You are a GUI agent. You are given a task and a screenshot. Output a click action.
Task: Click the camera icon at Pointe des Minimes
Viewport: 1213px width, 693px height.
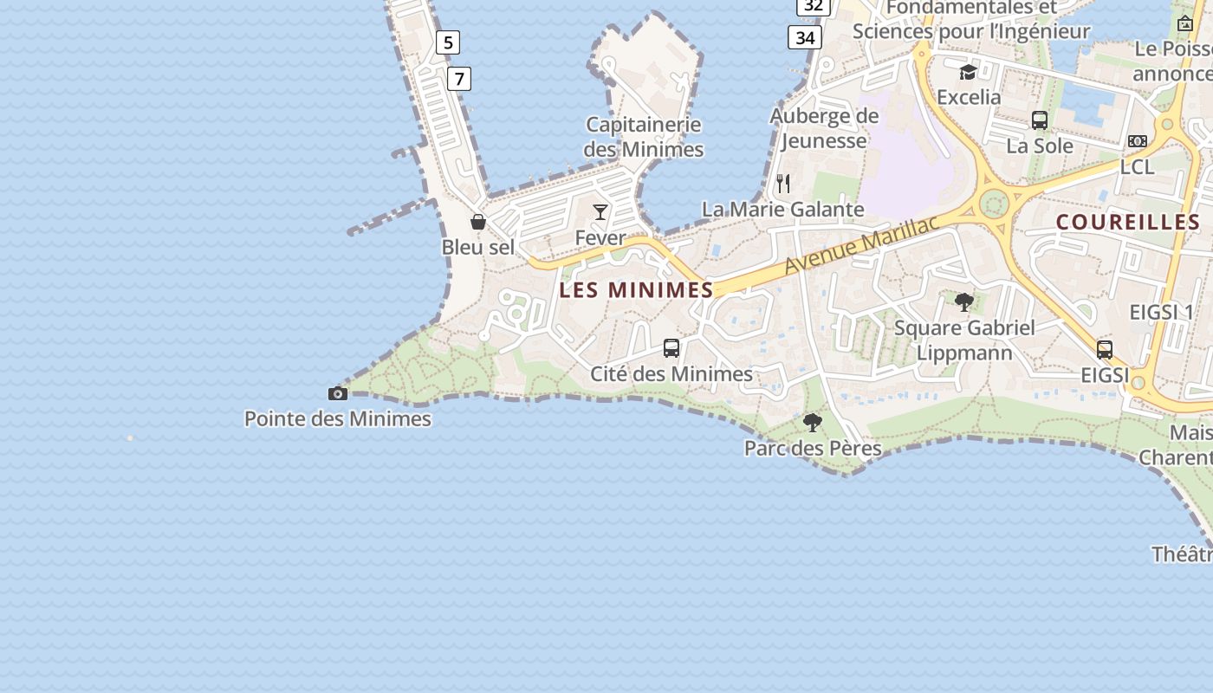[x=338, y=394]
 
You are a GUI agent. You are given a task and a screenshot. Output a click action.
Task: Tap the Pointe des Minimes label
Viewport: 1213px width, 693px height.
[x=338, y=419]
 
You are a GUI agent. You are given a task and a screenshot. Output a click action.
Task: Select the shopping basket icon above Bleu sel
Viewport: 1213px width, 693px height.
[x=478, y=222]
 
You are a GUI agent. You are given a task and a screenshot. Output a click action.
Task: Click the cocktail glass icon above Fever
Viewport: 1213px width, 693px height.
[x=600, y=212]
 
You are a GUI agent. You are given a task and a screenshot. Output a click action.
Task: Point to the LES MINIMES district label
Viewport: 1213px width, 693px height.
[x=636, y=290]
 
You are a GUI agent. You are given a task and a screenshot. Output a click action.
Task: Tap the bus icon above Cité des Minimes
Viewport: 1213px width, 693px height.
[x=671, y=348]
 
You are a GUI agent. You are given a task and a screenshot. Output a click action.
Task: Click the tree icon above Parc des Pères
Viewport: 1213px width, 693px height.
[x=813, y=423]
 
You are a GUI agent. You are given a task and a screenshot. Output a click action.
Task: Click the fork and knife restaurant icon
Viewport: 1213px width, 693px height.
[x=783, y=184]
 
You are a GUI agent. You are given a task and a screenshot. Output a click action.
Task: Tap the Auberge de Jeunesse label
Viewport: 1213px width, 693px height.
[x=824, y=128]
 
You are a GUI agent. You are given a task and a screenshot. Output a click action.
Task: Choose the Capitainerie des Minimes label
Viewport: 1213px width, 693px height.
[x=644, y=137]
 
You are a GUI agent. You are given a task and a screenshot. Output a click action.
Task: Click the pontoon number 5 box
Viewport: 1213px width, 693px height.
[x=448, y=42]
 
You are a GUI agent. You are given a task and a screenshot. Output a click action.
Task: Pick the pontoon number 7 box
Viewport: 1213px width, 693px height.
[x=459, y=79]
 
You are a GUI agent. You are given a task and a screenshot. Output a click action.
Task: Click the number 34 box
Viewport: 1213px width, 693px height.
[x=805, y=37]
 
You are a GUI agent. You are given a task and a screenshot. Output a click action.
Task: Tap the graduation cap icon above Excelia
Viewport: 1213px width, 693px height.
[x=968, y=72]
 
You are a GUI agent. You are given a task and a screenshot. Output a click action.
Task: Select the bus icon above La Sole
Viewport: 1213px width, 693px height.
[x=1040, y=120]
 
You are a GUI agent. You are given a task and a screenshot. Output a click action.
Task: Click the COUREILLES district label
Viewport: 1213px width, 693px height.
[x=1127, y=223]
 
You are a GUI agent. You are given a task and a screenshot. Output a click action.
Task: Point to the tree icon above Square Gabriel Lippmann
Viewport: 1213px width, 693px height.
[x=964, y=301]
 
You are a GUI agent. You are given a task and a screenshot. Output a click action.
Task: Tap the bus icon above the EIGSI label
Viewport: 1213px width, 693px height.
[x=1105, y=350]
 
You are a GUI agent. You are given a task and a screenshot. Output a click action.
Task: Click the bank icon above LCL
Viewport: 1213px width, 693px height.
[x=1138, y=141]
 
